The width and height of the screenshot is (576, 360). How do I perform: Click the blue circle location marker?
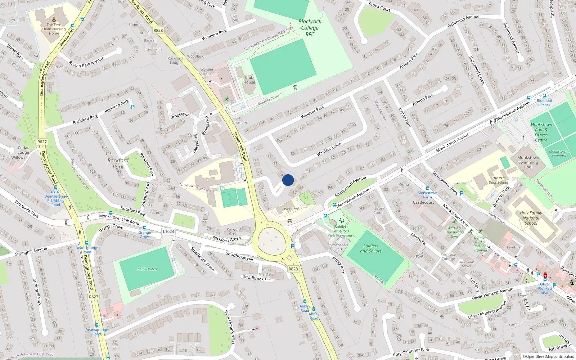pyautogui.click(x=288, y=180)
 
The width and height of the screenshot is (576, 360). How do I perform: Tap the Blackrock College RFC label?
pyautogui.click(x=310, y=28)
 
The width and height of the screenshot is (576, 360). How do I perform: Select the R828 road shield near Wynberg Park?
pyautogui.click(x=158, y=30)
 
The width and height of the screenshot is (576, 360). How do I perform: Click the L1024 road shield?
pyautogui.click(x=168, y=231)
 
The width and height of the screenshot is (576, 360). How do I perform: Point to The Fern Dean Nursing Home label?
pyautogui.click(x=54, y=29)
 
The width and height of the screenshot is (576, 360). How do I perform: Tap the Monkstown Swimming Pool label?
pyautogui.click(x=528, y=162)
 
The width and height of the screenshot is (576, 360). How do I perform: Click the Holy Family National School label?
pyautogui.click(x=531, y=218)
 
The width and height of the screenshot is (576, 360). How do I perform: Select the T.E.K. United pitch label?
pyautogui.click(x=147, y=269)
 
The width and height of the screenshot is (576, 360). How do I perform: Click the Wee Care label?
pyautogui.click(x=291, y=209)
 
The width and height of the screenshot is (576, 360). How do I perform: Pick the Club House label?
pyautogui.click(x=249, y=80)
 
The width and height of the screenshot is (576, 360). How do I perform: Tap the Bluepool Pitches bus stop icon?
pyautogui.click(x=544, y=96)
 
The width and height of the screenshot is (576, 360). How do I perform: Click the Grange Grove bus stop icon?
pyautogui.click(x=145, y=228)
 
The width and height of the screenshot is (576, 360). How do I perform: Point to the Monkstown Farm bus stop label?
pyautogui.click(x=427, y=195)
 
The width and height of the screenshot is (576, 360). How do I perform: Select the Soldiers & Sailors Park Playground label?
pyautogui.click(x=341, y=231)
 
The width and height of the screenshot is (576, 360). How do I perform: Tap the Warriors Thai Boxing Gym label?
pyautogui.click(x=454, y=232)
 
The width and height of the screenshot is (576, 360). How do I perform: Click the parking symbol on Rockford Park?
pyautogui.click(x=132, y=107)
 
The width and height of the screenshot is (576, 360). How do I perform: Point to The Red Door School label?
pyautogui.click(x=499, y=180)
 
